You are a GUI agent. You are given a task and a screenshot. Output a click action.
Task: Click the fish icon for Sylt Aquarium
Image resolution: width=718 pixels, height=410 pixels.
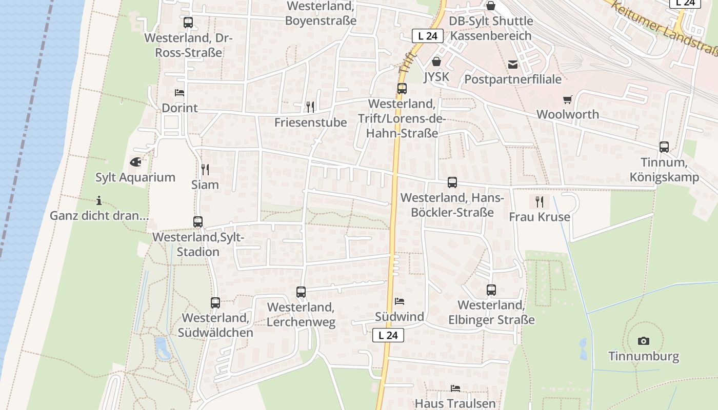(x=135, y=162)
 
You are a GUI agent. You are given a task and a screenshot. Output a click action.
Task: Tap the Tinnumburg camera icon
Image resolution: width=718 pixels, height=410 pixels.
(x=643, y=341)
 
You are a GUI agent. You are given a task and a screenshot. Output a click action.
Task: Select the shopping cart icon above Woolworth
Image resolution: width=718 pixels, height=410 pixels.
(x=567, y=99)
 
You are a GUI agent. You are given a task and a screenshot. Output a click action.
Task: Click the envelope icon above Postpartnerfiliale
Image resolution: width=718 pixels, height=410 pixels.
(x=512, y=64)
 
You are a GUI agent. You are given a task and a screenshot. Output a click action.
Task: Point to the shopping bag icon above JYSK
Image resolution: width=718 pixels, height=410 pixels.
(x=436, y=61)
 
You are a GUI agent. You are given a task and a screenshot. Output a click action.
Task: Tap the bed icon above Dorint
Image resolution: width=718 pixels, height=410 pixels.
(x=179, y=93)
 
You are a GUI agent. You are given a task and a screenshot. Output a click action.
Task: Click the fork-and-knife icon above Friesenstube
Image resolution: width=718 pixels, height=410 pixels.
(x=310, y=107)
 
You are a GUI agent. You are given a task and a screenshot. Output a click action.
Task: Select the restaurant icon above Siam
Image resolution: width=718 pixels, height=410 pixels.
(x=205, y=169)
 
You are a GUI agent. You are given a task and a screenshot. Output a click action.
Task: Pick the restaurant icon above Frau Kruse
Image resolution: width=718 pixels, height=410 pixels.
(x=539, y=201)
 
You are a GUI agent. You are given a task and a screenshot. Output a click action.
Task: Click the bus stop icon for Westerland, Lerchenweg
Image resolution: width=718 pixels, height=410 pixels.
(x=301, y=292)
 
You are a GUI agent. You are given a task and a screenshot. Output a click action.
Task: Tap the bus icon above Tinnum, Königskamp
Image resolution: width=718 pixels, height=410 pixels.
(x=664, y=147)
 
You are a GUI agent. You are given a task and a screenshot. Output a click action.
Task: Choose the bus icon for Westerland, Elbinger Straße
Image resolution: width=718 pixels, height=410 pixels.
(x=491, y=290)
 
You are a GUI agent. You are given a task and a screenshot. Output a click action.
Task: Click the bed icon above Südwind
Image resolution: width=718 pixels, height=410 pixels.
(x=399, y=301)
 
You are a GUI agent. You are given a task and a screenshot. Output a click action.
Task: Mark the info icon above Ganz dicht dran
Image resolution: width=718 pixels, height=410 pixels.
(x=99, y=200)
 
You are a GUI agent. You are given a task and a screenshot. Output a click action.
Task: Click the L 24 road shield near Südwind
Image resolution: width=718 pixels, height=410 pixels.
(x=388, y=335)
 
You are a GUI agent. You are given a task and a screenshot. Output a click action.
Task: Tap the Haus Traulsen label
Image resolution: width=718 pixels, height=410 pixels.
(x=455, y=403)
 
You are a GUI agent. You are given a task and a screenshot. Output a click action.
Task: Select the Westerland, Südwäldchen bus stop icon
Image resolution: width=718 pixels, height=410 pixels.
(x=215, y=303)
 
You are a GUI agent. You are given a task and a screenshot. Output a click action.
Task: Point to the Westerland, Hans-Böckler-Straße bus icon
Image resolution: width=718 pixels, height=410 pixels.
(x=452, y=182)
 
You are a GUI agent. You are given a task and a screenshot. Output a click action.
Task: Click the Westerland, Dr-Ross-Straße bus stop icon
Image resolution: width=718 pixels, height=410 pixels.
(x=188, y=23)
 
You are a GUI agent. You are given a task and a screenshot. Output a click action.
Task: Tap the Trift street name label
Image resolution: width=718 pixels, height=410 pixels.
(x=406, y=62)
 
